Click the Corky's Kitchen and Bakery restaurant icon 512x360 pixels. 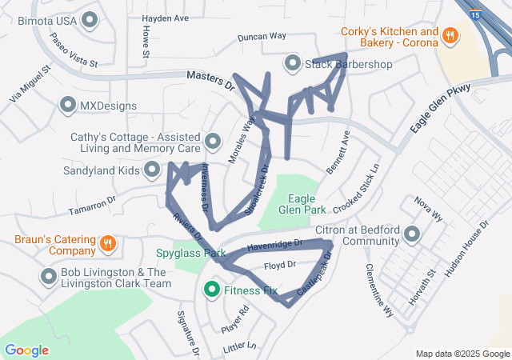[x=450, y=36]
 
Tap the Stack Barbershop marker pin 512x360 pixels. [x=293, y=63]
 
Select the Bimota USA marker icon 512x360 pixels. [x=90, y=18]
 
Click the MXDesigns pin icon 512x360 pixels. [x=68, y=106]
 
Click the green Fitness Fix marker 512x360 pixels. [x=212, y=289]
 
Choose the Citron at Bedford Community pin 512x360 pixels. [x=412, y=234]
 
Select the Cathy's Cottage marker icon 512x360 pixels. [x=213, y=142]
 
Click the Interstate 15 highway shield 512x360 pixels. [x=476, y=14]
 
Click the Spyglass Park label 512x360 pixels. [x=192, y=254]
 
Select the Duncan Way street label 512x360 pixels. [x=262, y=37]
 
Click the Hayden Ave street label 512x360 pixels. [x=166, y=18]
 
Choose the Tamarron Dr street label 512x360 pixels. [x=93, y=206]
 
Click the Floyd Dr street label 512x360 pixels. [x=280, y=264]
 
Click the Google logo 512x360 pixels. [x=27, y=350]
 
